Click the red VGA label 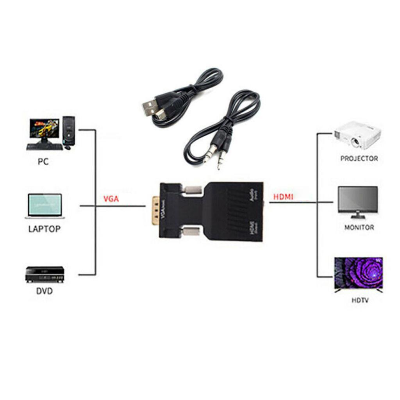pos(111,199)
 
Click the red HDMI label pos(283,197)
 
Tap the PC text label pos(43,161)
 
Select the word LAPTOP pos(45,229)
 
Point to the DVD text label pos(44,291)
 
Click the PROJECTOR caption pos(359,159)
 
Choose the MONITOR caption pos(359,227)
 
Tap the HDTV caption pos(360,300)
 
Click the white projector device pos(357,136)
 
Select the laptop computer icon pos(45,206)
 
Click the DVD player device pos(45,274)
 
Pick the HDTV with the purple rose pos(359,273)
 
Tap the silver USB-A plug pos(150,107)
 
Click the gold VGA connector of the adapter pos(156,211)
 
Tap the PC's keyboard pos(44,147)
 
